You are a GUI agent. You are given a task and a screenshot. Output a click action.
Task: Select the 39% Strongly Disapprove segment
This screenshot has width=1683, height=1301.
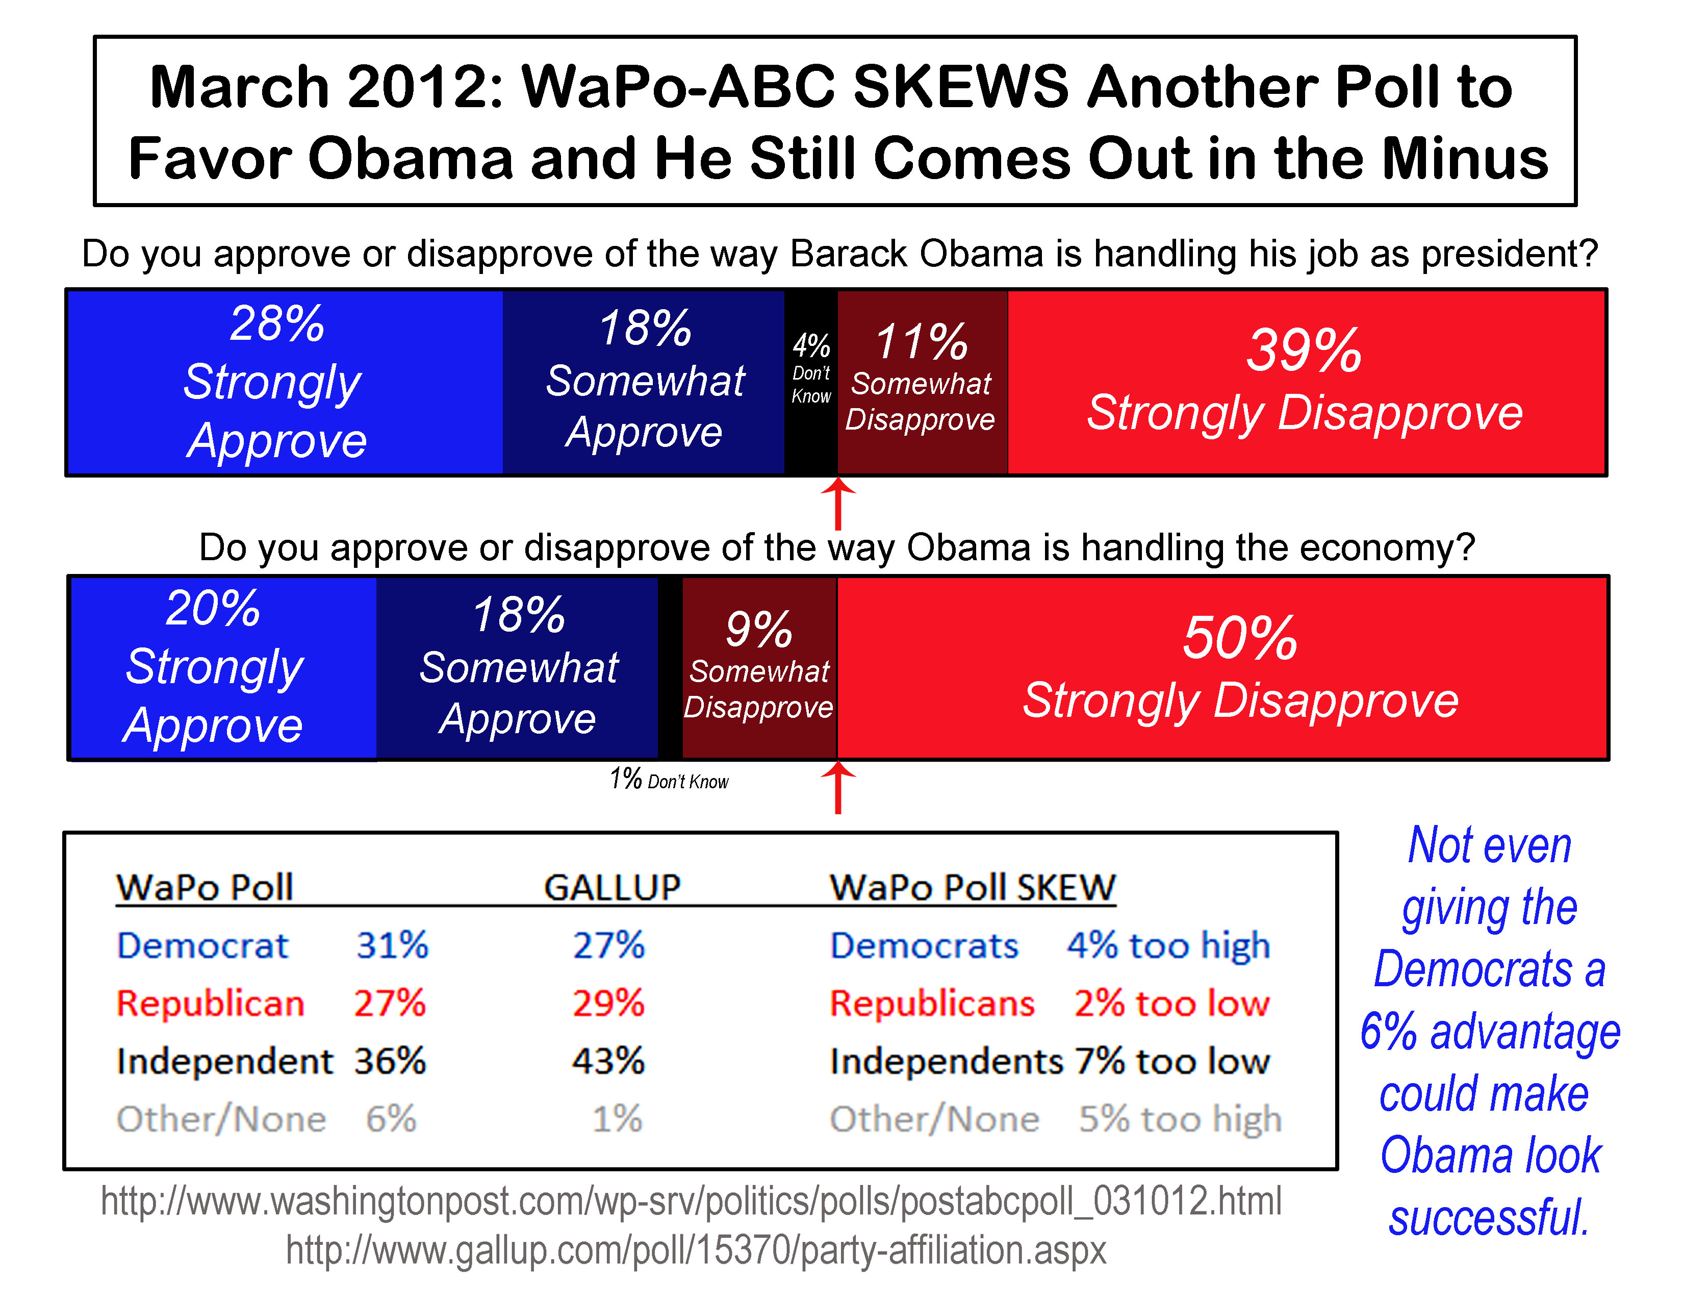pos(1306,382)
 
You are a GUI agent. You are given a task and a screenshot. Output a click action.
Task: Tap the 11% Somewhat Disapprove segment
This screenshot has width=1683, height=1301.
pos(922,382)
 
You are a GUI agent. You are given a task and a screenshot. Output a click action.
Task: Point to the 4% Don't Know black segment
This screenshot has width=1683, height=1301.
pos(811,382)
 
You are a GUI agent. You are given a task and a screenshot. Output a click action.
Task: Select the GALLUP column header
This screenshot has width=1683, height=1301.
pos(612,887)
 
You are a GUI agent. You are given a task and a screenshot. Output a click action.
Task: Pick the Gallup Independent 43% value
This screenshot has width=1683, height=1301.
pos(608,1061)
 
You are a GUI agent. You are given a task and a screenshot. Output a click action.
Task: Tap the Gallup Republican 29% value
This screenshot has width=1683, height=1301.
pos(608,1004)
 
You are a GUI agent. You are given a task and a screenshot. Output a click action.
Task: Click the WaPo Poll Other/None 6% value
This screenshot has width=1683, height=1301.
pos(391,1119)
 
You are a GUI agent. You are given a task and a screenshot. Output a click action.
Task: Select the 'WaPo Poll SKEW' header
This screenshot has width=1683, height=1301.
pos(973,887)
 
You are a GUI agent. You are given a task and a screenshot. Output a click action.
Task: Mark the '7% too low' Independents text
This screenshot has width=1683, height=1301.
pos(1172,1061)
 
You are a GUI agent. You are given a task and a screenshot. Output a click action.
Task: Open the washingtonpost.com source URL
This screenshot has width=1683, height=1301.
pos(691,1201)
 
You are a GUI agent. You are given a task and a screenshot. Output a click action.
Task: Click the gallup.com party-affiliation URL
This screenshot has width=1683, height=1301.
pos(696,1250)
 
